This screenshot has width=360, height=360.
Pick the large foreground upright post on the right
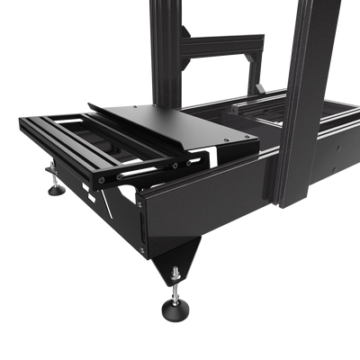tap(306, 99)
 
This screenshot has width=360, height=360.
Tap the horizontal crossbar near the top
tap(225, 40)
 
